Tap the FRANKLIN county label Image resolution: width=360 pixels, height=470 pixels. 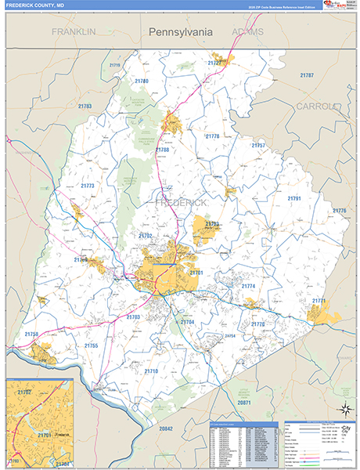tap(74, 31)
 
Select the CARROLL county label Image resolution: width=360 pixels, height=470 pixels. tap(316, 106)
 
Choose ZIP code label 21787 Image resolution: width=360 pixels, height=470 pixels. tap(307, 75)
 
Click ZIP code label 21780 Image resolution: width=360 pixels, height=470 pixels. tap(141, 81)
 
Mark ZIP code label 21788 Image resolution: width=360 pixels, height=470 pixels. tap(162, 150)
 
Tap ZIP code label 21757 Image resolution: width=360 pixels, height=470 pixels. tap(258, 146)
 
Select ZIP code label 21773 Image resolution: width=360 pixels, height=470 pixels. tap(87, 186)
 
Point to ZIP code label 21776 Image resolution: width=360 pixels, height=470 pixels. tap(339, 211)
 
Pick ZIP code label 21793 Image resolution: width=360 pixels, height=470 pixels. tap(212, 224)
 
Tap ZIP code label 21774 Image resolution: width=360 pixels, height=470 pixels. tap(248, 287)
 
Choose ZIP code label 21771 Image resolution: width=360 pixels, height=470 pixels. tap(319, 301)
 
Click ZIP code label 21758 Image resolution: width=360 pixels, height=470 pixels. tap(31, 334)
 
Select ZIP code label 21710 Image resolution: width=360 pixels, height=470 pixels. tap(151, 371)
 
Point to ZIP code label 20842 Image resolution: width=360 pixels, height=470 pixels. tap(166, 428)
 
